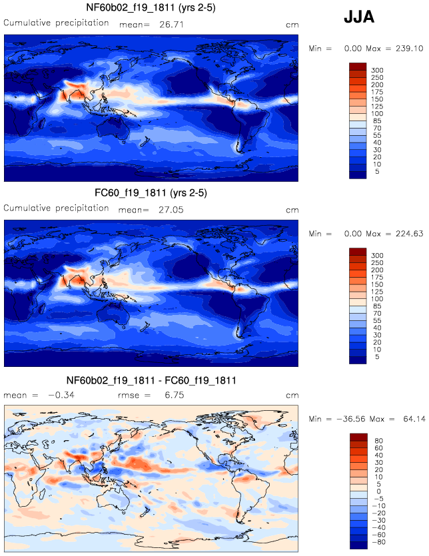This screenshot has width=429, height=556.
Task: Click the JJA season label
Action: click(x=358, y=18)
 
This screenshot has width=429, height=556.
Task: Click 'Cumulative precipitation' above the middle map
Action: click(x=57, y=208)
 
